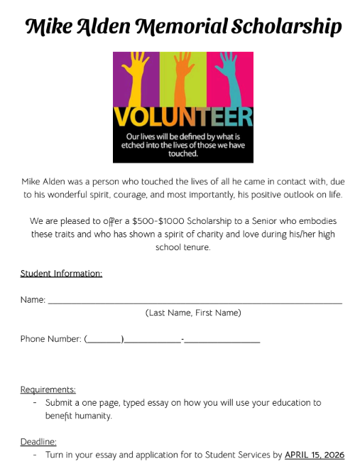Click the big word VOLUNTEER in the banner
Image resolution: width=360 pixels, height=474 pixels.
pos(182,117)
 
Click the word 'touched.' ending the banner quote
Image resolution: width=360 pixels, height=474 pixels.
pos(183,152)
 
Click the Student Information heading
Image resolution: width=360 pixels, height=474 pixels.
pos(61,274)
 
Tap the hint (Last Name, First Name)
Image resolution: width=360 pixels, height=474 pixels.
pos(193,313)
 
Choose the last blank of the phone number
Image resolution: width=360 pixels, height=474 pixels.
pos(222,340)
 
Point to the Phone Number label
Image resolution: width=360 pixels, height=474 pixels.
pos(50,339)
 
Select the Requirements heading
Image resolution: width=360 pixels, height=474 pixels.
pos(48,389)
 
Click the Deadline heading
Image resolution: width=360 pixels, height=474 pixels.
pos(38,441)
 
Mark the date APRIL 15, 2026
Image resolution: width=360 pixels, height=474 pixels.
pos(315,455)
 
